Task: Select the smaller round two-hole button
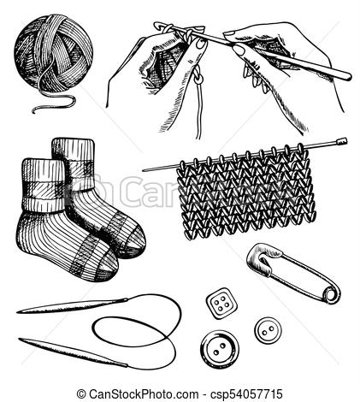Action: (x=265, y=328)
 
